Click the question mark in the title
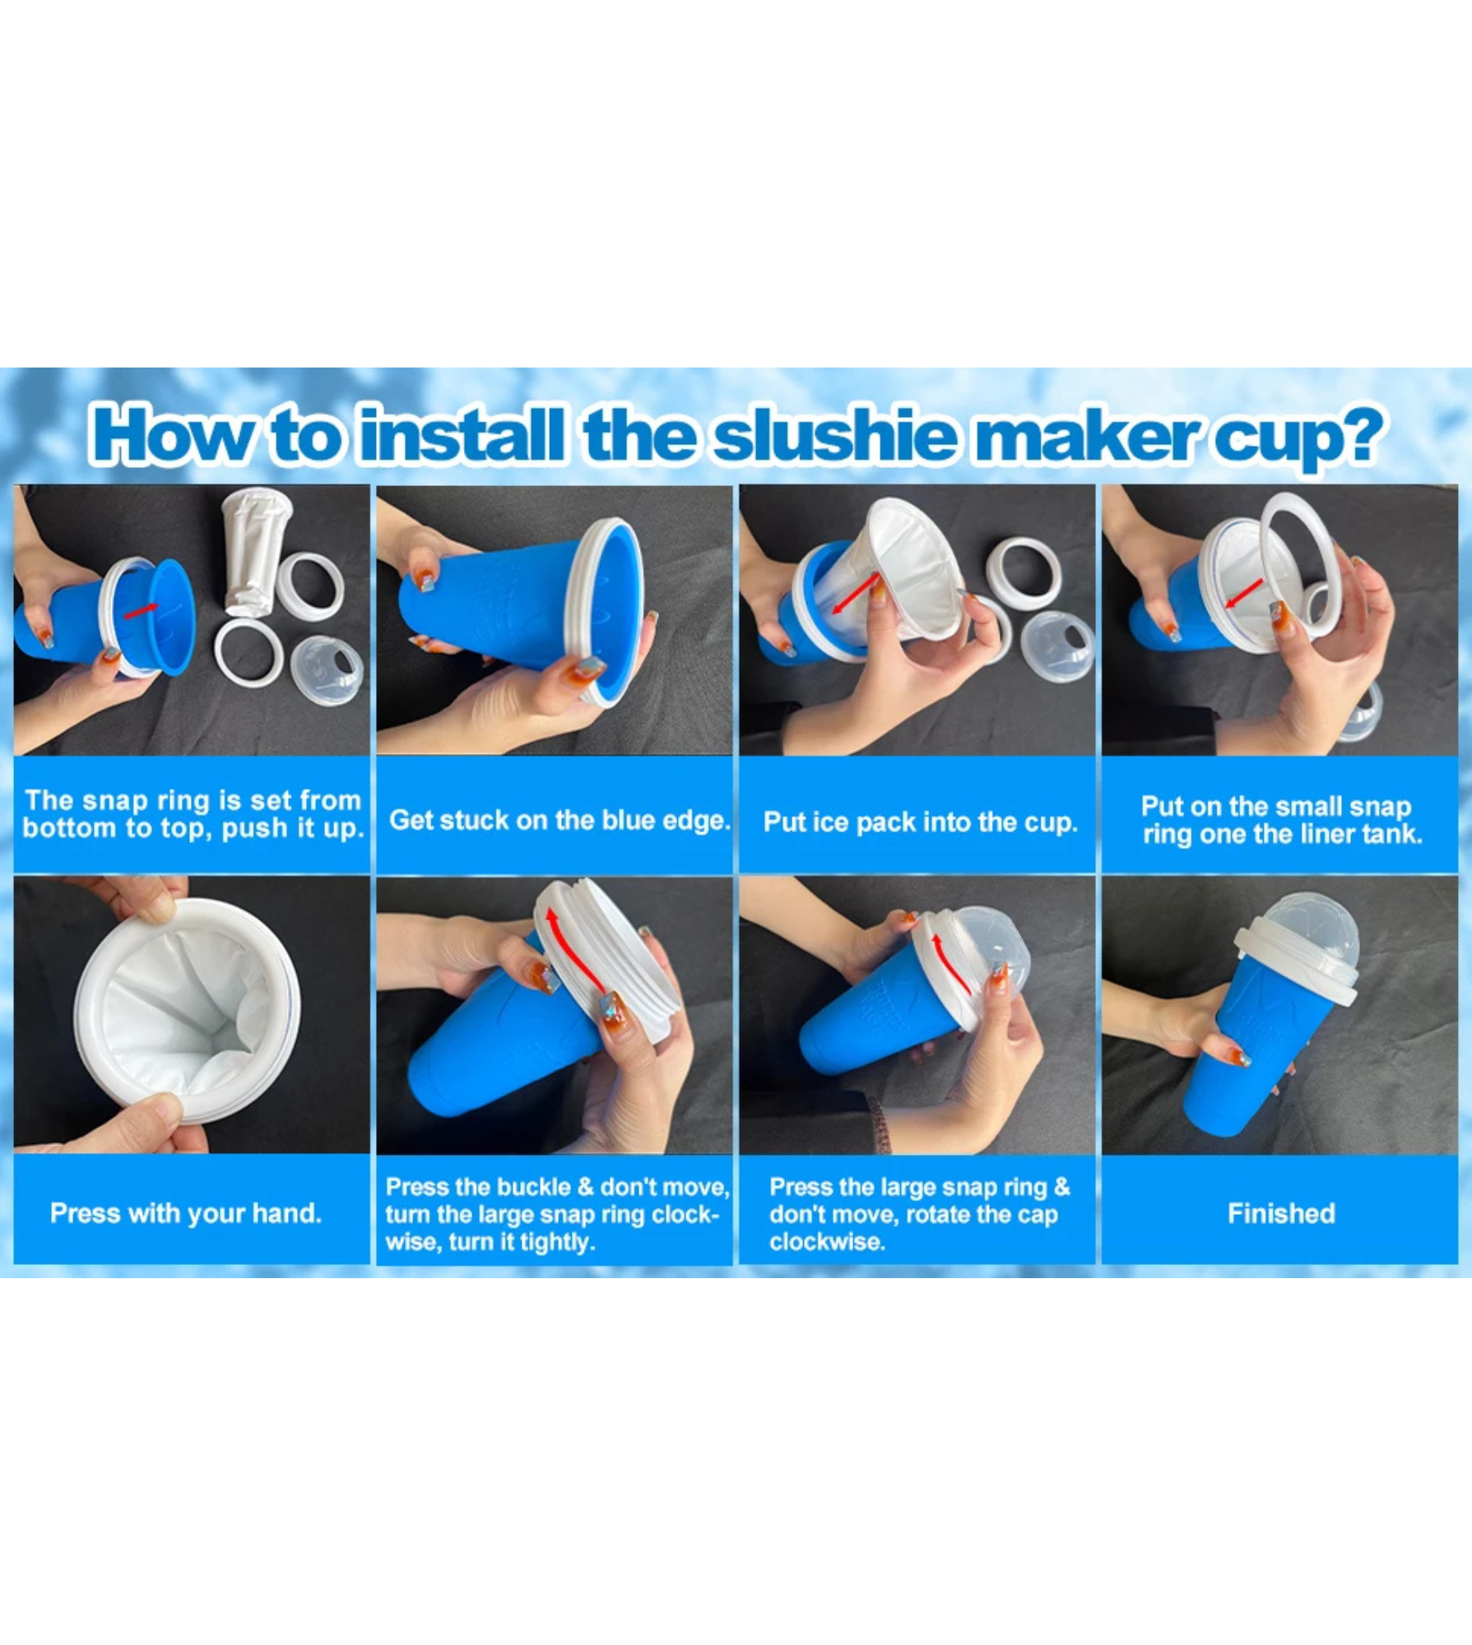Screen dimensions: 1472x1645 point(1355,434)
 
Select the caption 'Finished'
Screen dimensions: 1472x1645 point(1280,1213)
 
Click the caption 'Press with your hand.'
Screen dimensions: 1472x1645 point(186,1213)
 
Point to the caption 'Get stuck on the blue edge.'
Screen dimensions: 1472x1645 point(560,820)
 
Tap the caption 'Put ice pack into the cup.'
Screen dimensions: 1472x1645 point(920,822)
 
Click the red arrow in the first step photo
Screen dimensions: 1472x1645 point(141,610)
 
